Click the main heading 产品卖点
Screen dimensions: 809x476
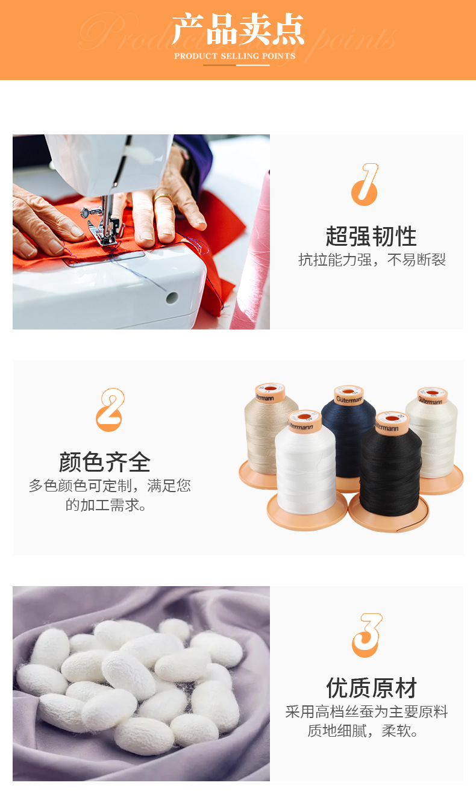(x=238, y=30)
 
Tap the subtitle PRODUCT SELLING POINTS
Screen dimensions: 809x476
(x=235, y=56)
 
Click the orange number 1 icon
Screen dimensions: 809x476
(x=365, y=184)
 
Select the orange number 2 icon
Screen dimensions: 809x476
(x=110, y=410)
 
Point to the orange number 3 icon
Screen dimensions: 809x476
(x=366, y=635)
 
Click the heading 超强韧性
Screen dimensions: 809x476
(x=371, y=236)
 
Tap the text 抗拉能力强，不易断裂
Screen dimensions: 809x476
(x=372, y=260)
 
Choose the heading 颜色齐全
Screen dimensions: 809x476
(x=105, y=462)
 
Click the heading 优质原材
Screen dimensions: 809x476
(x=371, y=687)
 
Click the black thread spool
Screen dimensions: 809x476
(x=390, y=470)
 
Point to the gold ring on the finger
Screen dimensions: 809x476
(x=162, y=196)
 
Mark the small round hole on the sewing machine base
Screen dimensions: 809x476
(x=172, y=297)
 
